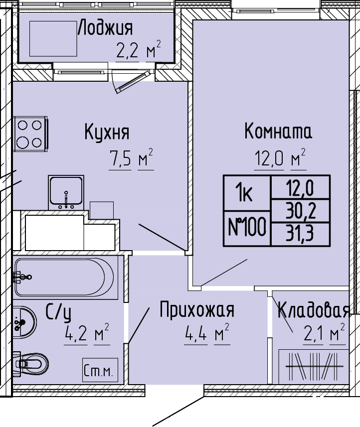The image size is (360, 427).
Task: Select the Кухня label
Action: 107,132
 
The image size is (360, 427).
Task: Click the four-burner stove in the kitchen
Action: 30,134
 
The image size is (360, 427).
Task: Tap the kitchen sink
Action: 66,193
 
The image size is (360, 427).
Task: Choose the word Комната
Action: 278,131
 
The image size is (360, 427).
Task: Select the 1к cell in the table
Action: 247,193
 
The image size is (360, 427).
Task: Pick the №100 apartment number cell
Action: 247,228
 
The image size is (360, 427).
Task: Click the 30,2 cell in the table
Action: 301,210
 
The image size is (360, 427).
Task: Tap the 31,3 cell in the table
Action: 301,234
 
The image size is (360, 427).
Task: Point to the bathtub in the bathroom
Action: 64,277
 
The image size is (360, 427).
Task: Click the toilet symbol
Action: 30,364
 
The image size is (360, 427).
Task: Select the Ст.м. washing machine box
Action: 100,370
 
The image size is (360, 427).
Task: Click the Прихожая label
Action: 197,309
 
